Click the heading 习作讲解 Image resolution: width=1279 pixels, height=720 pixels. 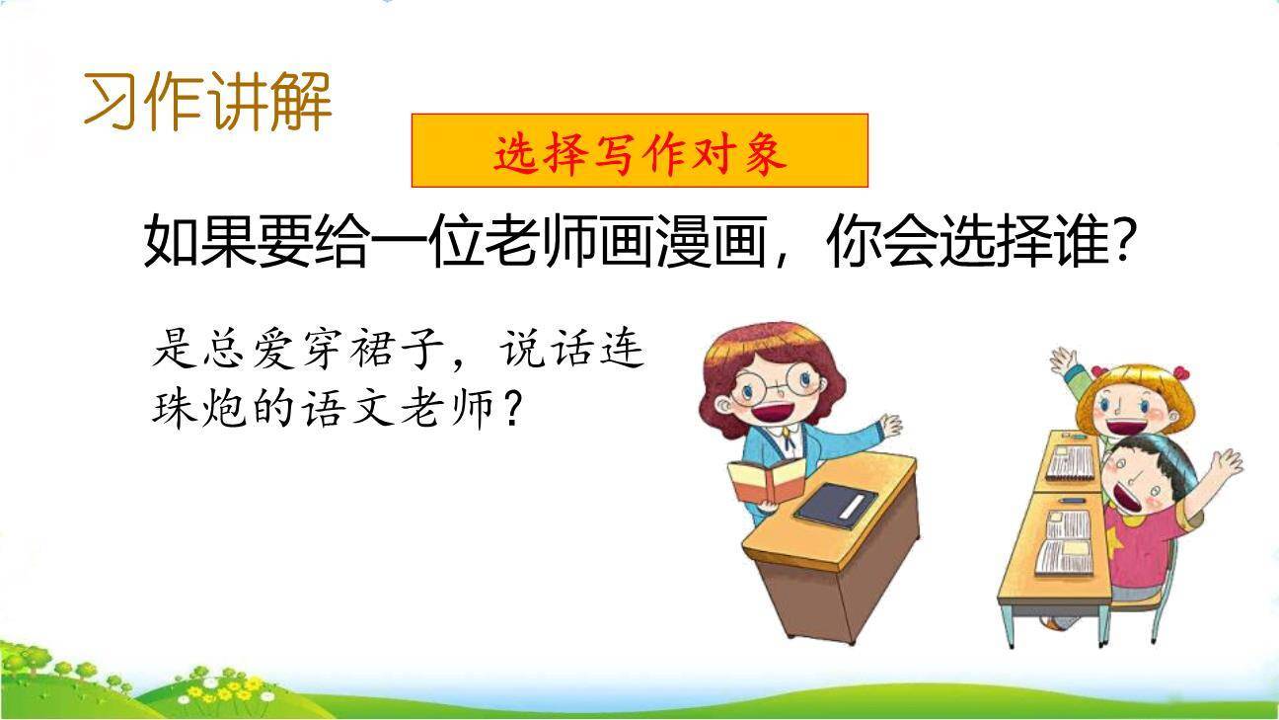pyautogui.click(x=208, y=101)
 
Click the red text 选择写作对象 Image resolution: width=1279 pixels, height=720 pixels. pyautogui.click(x=639, y=152)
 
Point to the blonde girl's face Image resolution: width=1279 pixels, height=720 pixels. pyautogui.click(x=1125, y=407)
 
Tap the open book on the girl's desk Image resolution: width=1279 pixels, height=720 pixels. pyautogui.click(x=1071, y=461)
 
